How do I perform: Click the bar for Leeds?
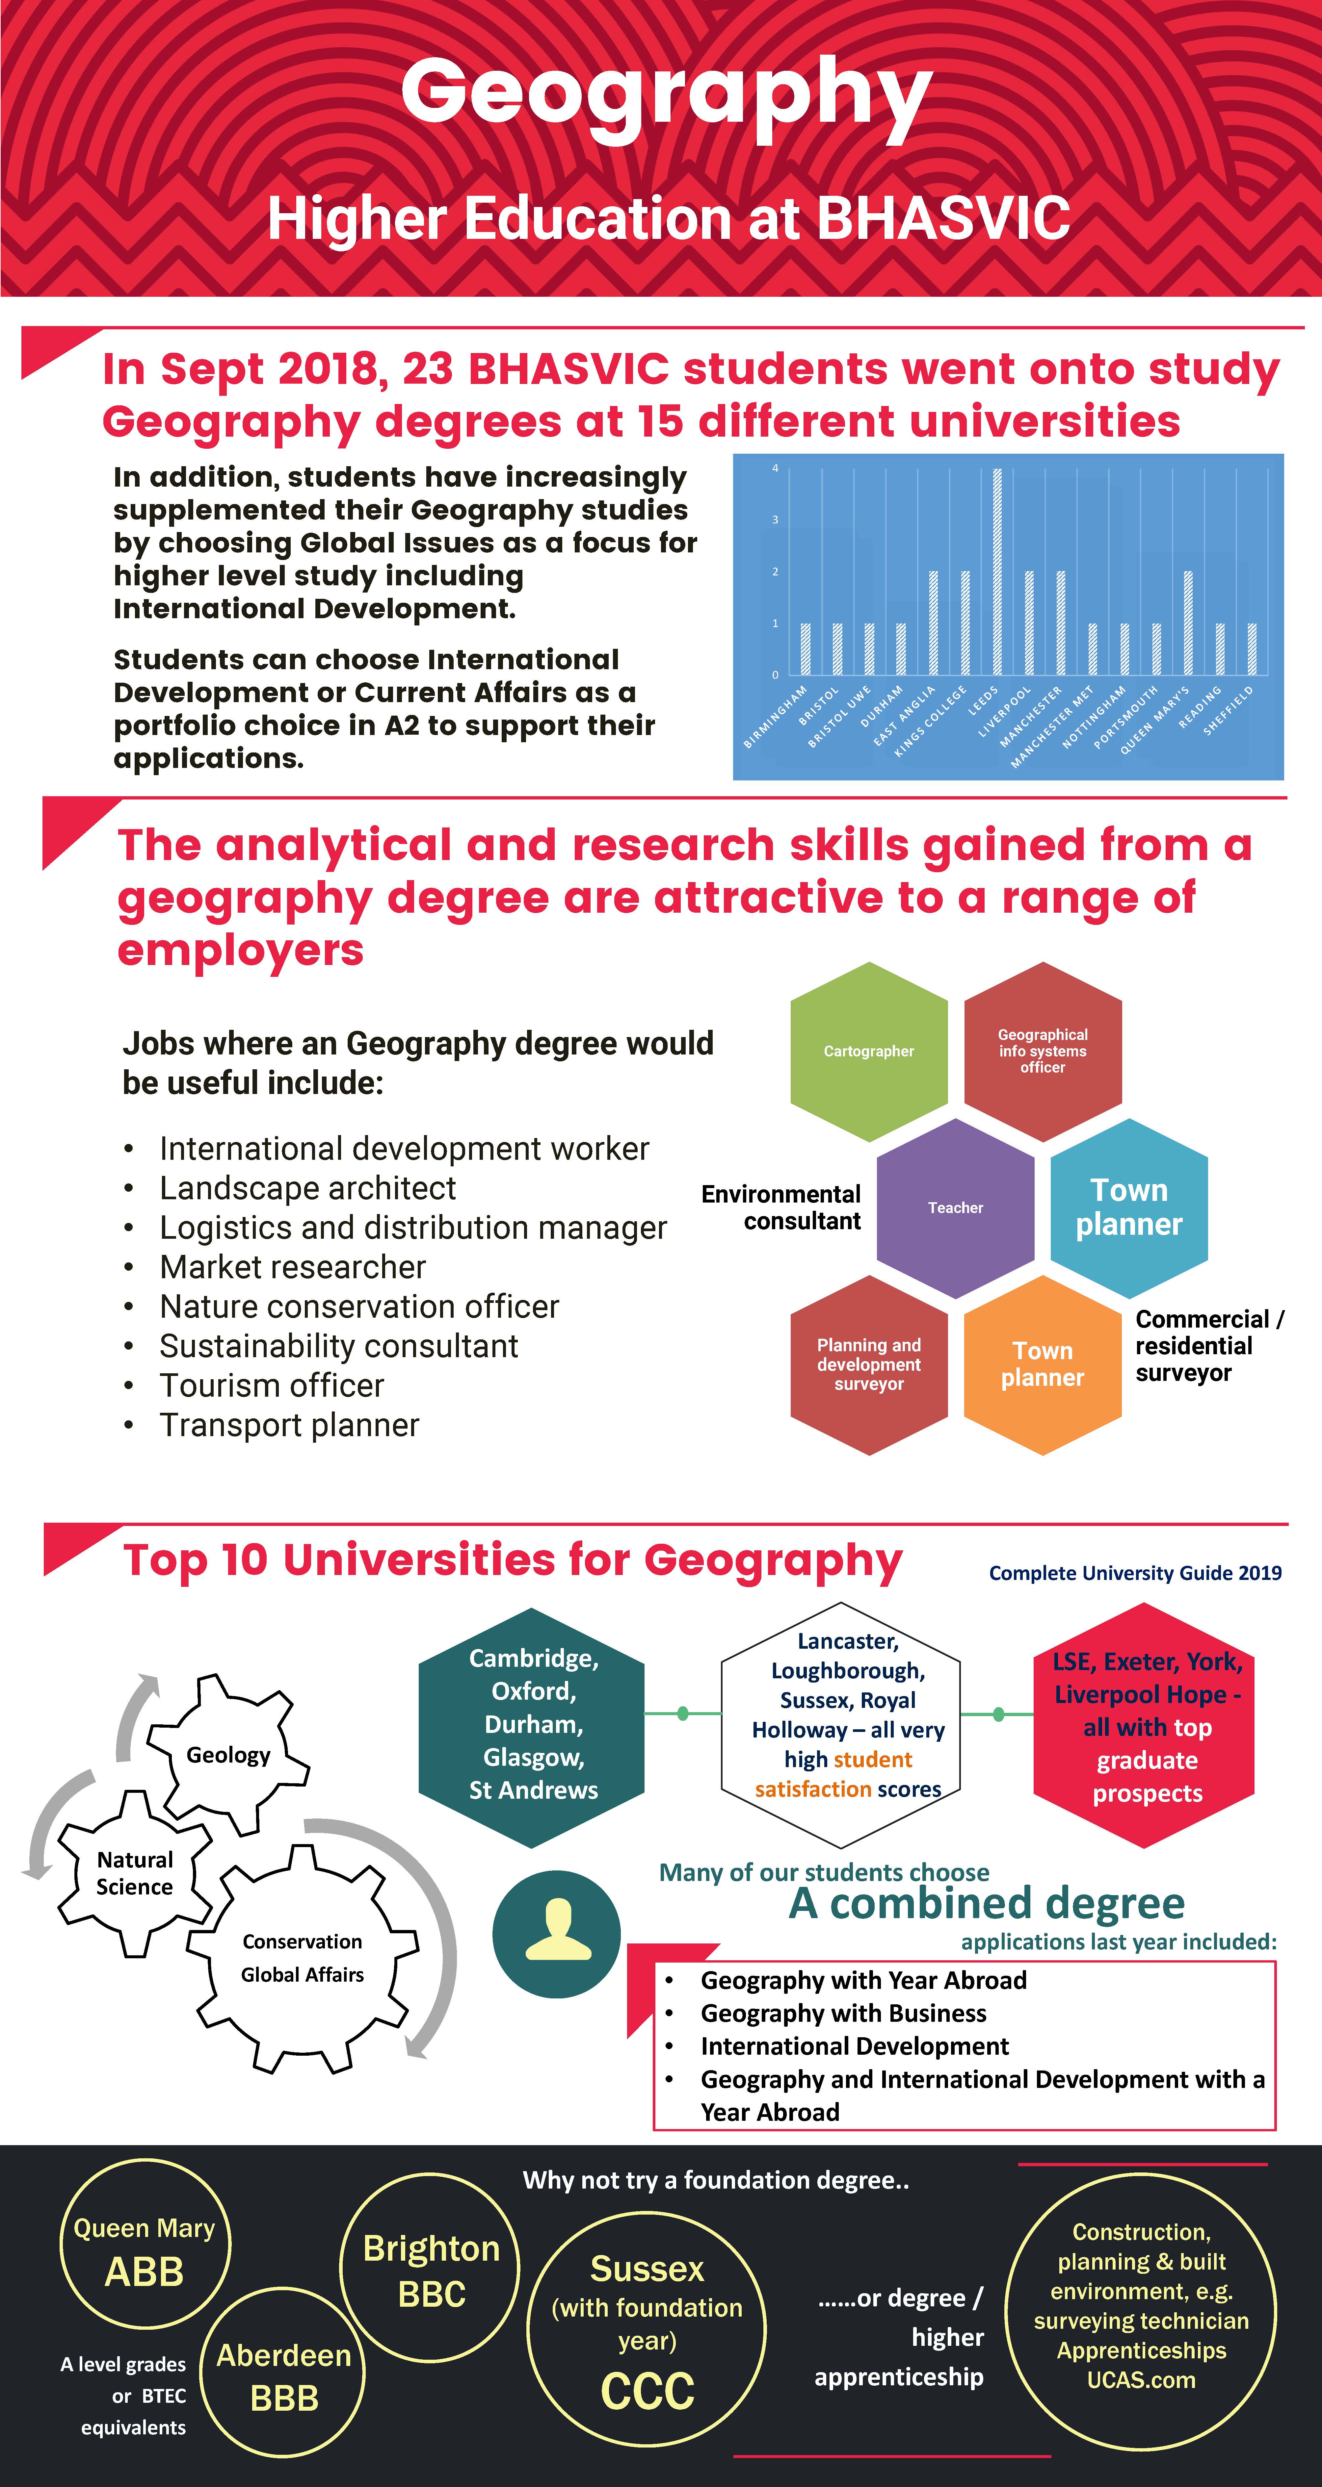(x=997, y=571)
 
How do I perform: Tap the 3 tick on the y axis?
(x=775, y=520)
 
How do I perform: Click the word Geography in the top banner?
(x=666, y=94)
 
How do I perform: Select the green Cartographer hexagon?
(x=868, y=1052)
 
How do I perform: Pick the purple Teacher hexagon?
(x=955, y=1208)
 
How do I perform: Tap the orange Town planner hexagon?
(x=1042, y=1364)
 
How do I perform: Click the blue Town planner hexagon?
(x=1129, y=1208)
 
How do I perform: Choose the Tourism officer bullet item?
(x=271, y=1385)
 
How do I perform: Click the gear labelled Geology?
(x=228, y=1754)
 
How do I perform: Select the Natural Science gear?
(x=134, y=1873)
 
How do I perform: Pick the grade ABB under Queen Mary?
(x=144, y=2272)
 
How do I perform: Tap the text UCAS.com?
(x=1140, y=2380)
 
